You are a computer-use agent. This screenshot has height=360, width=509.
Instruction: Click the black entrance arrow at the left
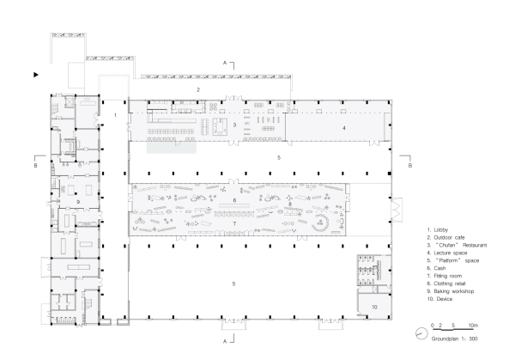pyautogui.click(x=36, y=75)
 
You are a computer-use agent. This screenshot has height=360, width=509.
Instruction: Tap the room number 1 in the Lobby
pyautogui.click(x=115, y=115)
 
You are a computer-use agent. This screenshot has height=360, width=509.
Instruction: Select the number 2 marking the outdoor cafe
pyautogui.click(x=198, y=89)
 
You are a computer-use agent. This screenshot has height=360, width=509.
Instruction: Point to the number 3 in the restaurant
pyautogui.click(x=234, y=125)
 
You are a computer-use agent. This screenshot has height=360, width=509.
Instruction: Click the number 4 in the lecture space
pyautogui.click(x=344, y=128)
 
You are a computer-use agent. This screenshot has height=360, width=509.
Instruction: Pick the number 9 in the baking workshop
pyautogui.click(x=78, y=202)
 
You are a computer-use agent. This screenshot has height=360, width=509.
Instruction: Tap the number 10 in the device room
pyautogui.click(x=374, y=307)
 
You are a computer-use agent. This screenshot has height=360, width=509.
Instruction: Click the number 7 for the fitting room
pyautogui.click(x=234, y=223)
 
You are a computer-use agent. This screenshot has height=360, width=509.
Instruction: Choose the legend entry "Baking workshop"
pyautogui.click(x=453, y=291)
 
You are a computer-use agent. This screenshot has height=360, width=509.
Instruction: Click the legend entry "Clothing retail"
pyautogui.click(x=449, y=284)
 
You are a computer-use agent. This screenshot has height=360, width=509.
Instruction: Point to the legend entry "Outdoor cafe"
pyautogui.click(x=449, y=237)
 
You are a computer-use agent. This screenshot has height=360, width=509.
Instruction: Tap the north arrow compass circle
pyautogui.click(x=421, y=333)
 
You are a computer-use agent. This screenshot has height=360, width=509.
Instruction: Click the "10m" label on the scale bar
pyautogui.click(x=473, y=325)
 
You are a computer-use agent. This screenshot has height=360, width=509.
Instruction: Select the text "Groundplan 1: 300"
pyautogui.click(x=454, y=339)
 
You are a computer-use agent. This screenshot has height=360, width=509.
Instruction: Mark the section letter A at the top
pyautogui.click(x=225, y=63)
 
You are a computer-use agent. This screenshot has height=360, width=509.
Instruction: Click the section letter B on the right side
pyautogui.click(x=410, y=165)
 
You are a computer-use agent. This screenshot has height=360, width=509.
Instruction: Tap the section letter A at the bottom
pyautogui.click(x=225, y=341)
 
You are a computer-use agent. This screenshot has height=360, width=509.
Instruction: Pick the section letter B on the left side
pyautogui.click(x=35, y=165)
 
